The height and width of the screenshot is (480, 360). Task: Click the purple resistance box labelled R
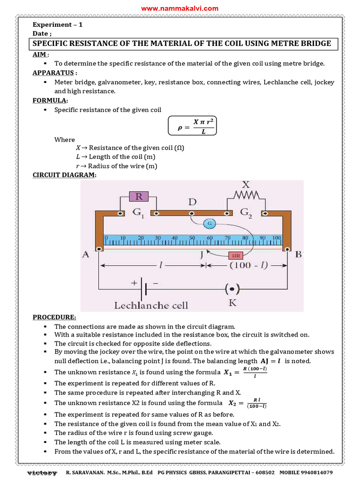pos(139,196)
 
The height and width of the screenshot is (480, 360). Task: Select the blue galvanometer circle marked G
pos(209,224)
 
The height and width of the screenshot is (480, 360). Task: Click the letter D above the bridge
pos(192,202)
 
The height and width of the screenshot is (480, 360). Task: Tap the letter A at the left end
pos(86,255)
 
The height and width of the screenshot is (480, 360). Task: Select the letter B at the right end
pos(299,255)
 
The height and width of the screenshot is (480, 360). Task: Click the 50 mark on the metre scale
pos(192,238)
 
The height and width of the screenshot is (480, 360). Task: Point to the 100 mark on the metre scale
pos(276,238)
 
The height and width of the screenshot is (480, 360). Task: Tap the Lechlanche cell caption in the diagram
pos(151,306)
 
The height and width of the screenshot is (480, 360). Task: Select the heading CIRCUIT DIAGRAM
pos(64,175)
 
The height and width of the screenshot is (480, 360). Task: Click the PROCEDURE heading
pos(54,317)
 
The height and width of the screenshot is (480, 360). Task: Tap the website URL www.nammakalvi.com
pos(180,8)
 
